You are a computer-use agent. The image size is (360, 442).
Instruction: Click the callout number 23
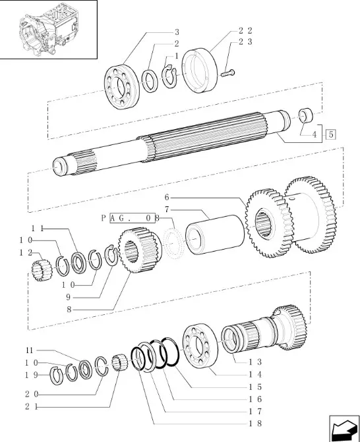click(x=245, y=41)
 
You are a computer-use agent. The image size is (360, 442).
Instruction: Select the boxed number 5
click(x=331, y=134)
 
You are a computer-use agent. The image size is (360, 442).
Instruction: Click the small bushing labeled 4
click(x=306, y=115)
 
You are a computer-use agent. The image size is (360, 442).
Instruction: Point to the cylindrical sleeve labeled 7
click(x=215, y=235)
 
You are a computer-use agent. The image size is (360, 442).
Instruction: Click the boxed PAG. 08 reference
click(x=133, y=217)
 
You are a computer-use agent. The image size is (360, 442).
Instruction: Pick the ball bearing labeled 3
click(x=122, y=87)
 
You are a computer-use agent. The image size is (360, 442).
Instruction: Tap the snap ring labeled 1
click(x=169, y=76)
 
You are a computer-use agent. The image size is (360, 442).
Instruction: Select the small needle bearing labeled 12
click(x=42, y=271)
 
